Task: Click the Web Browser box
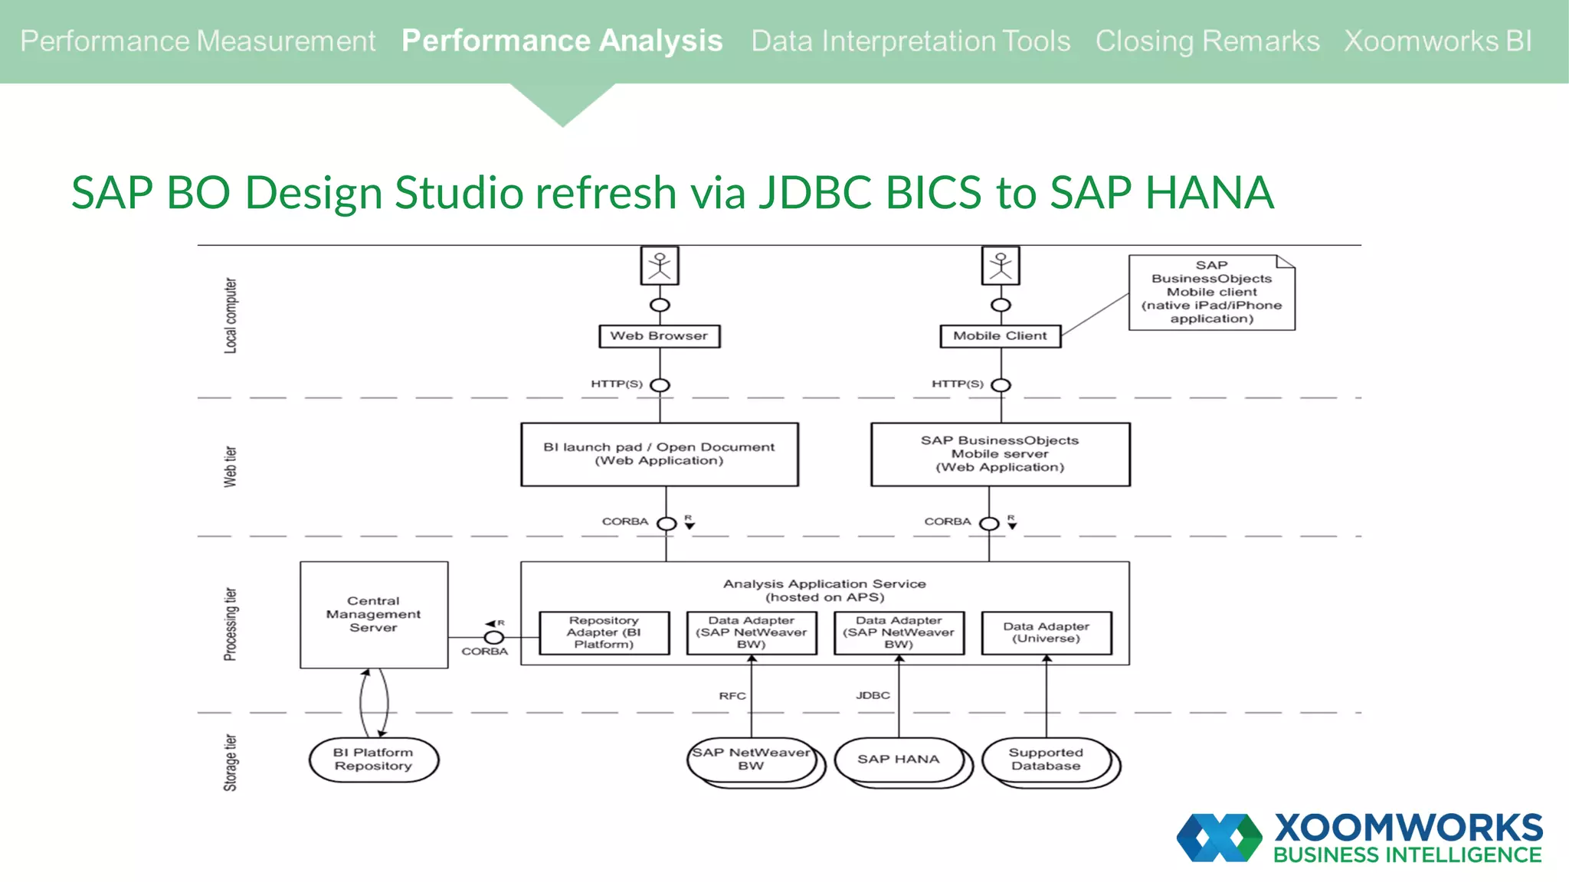(x=659, y=336)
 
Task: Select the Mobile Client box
(x=1000, y=336)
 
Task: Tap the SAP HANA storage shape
(x=898, y=759)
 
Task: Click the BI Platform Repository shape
(x=373, y=759)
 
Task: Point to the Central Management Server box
(x=374, y=615)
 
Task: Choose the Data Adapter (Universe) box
(x=1046, y=632)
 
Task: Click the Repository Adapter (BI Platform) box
(x=604, y=632)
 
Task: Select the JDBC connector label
(x=873, y=695)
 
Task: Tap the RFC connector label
(x=732, y=696)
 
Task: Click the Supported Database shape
(x=1046, y=759)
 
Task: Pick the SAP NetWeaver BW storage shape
(x=751, y=759)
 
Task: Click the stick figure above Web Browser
(x=660, y=266)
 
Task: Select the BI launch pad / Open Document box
(x=659, y=454)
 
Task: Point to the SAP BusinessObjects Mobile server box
(x=1000, y=454)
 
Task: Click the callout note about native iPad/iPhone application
(x=1211, y=292)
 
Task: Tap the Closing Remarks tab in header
(x=1207, y=41)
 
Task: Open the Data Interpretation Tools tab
(x=910, y=41)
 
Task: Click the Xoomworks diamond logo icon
(x=1219, y=838)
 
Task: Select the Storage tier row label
(x=230, y=763)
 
